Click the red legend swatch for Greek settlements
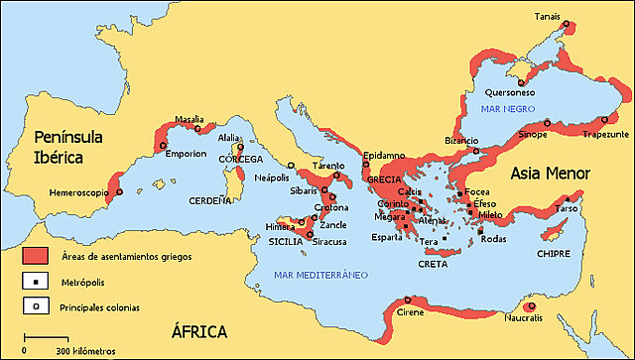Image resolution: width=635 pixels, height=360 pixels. point(34,256)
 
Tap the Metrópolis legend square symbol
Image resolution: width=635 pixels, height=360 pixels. point(34,282)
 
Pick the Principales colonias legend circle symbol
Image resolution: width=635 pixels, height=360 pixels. point(34,306)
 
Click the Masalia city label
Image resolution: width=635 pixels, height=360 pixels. point(190,118)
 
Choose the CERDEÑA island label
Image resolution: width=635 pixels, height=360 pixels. point(210,199)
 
